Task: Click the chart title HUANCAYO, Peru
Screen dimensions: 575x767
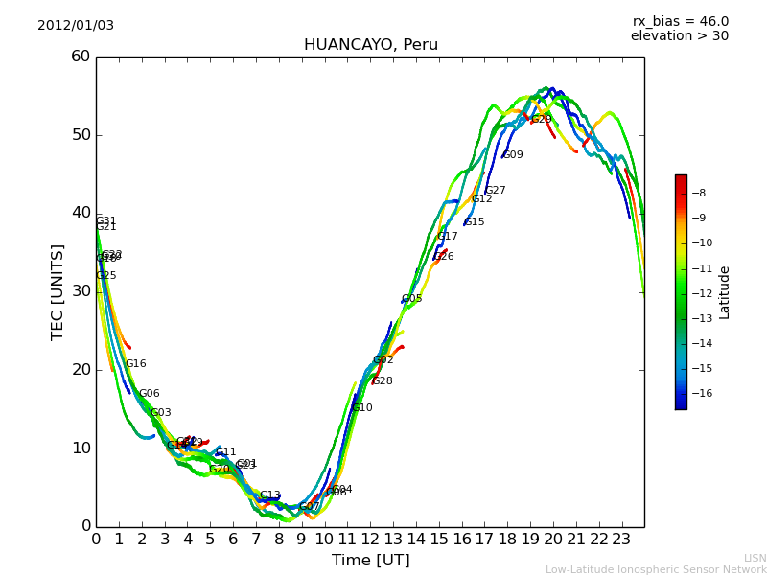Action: click(x=370, y=45)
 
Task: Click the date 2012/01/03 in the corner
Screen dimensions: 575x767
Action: click(x=76, y=26)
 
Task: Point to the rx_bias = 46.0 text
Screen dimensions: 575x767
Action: click(x=680, y=22)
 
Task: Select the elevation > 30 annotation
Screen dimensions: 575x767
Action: click(x=679, y=36)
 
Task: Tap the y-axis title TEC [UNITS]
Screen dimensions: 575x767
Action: click(x=58, y=291)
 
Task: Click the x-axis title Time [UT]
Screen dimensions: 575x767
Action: click(x=370, y=561)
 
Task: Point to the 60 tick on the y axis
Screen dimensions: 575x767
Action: click(x=80, y=57)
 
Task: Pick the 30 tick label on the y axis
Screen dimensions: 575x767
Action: click(x=80, y=291)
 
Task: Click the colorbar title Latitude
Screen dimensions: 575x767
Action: click(x=725, y=291)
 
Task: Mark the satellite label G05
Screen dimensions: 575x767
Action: click(x=411, y=299)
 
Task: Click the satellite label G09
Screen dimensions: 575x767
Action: click(x=513, y=155)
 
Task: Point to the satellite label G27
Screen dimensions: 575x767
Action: click(x=496, y=191)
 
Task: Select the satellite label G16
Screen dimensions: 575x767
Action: click(x=136, y=364)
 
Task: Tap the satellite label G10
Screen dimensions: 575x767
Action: click(x=362, y=408)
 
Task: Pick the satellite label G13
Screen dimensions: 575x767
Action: click(x=270, y=495)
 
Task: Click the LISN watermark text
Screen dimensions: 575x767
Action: click(x=755, y=558)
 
